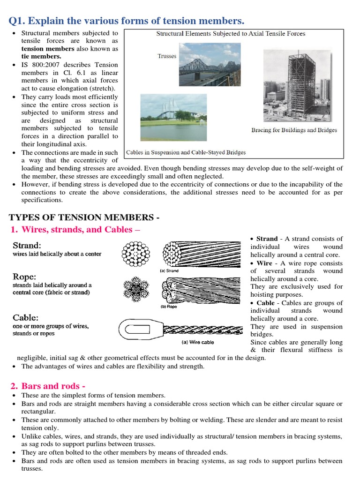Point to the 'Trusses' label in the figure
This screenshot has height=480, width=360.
[167, 56]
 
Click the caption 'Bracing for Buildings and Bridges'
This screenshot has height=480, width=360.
[294, 130]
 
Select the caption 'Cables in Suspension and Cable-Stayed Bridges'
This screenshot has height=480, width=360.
[186, 152]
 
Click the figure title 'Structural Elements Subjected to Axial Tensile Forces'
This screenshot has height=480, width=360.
[230, 34]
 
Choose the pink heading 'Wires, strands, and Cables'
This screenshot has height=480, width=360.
[80, 230]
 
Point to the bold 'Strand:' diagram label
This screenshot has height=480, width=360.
[27, 246]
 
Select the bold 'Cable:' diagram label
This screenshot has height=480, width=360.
[25, 317]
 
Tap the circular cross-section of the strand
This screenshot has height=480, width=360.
[135, 255]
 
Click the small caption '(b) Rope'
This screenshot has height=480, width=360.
[170, 307]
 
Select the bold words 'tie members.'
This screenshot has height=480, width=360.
[41, 56]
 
